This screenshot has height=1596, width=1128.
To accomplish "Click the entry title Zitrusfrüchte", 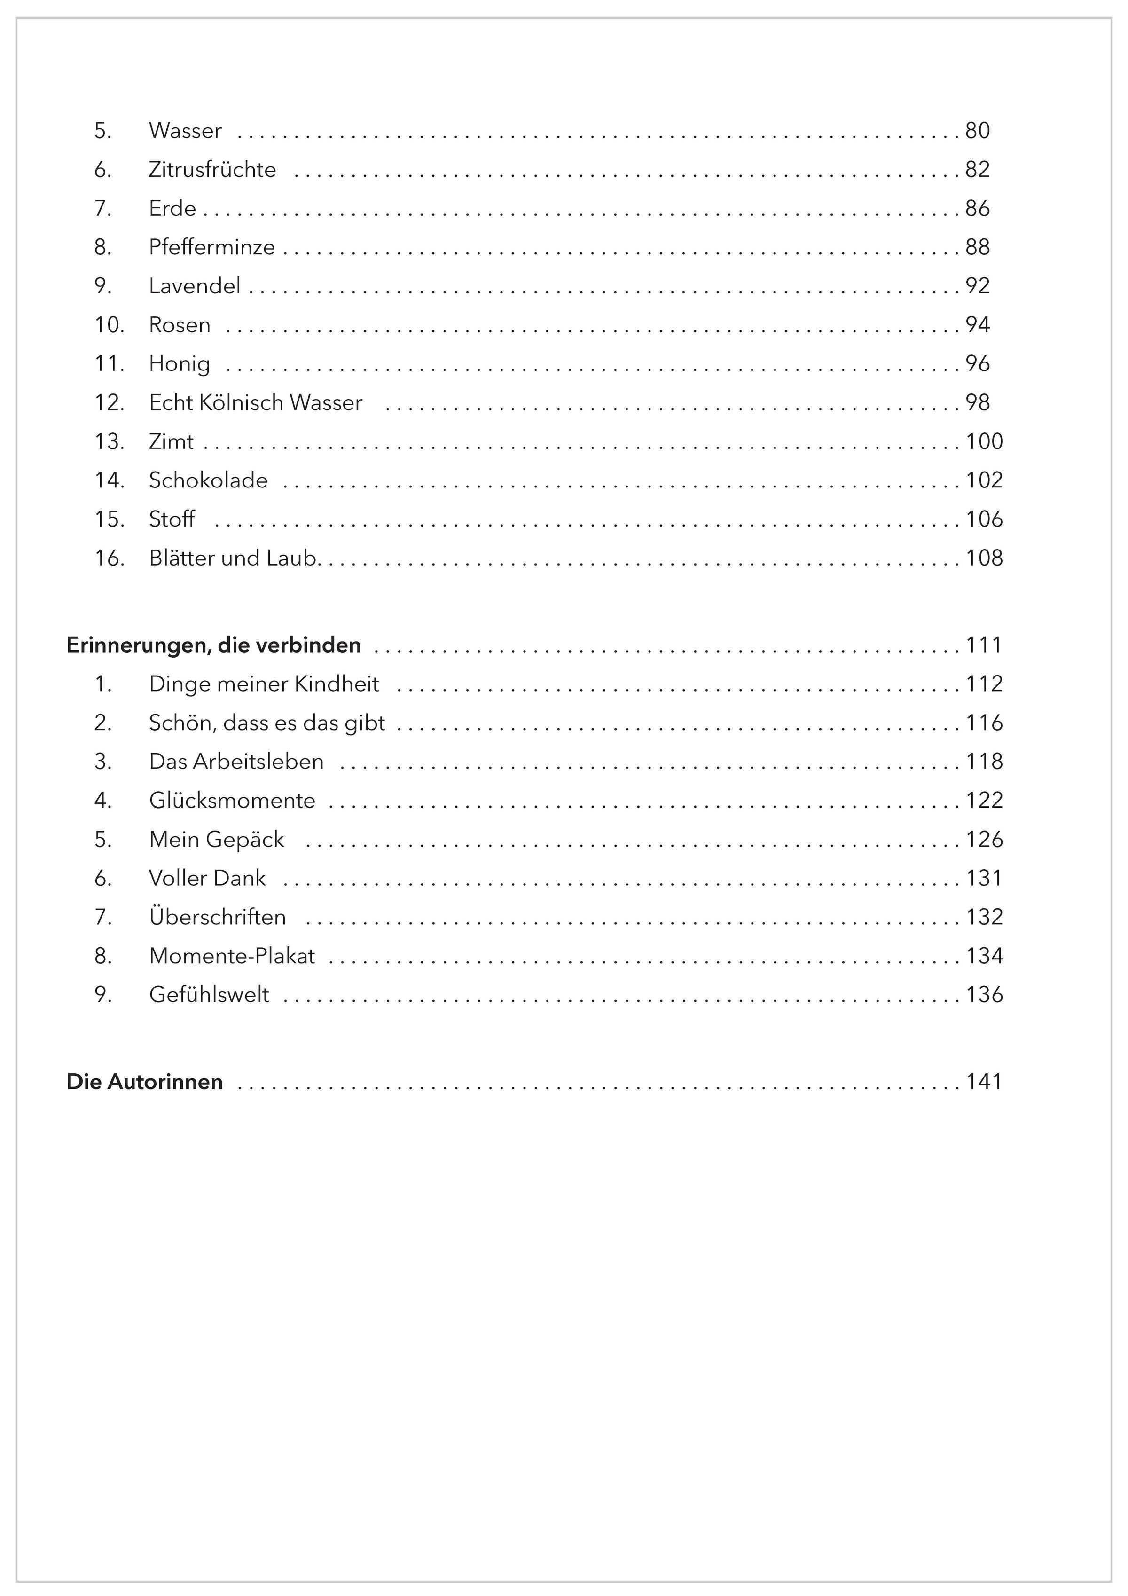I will (x=212, y=170).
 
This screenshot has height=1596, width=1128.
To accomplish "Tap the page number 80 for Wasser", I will (x=977, y=131).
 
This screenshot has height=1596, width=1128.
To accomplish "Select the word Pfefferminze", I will (x=212, y=247).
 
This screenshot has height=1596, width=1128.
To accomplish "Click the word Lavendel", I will (x=195, y=286).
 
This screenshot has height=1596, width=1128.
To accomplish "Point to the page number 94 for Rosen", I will (x=977, y=325).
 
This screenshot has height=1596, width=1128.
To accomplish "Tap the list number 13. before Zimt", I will (x=109, y=441).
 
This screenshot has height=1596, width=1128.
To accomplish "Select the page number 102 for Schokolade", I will (x=984, y=480).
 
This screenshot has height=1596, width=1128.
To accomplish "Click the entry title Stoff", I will (x=172, y=519).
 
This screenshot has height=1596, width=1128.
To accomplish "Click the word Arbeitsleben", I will (x=258, y=762).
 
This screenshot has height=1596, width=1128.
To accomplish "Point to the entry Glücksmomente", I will (x=232, y=801).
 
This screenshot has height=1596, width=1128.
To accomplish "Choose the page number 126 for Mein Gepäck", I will (x=984, y=840).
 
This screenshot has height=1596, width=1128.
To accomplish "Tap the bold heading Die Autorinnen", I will (x=145, y=1082).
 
